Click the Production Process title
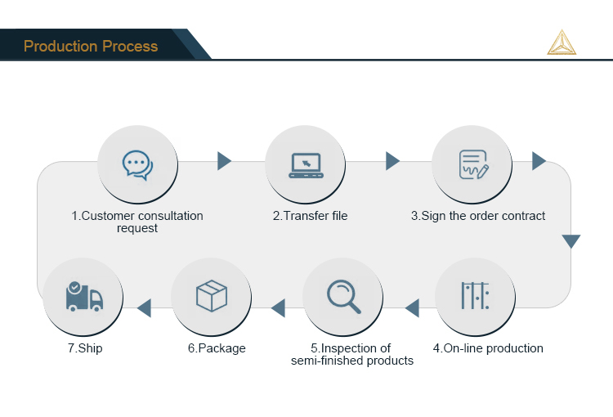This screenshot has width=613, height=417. pos(91,46)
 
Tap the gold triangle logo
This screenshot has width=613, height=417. pos(562,43)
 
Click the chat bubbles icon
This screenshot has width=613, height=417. pos(137,164)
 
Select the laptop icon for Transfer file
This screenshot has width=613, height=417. pos(306,164)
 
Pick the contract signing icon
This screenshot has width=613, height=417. pos(472,164)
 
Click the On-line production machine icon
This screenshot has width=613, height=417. pos(475,295)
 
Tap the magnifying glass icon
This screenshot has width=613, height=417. pos(343,297)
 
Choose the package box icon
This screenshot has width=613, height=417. pos(211,296)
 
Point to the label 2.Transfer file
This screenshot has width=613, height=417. pos(310,216)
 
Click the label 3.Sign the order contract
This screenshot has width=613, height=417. pos(478,216)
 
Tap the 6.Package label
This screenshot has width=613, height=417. pos(217,348)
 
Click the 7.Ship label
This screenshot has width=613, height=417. pos(85,348)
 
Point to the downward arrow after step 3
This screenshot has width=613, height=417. pos(570,241)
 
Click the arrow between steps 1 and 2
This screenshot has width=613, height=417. pos(224,161)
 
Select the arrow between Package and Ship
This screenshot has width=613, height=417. pos(145,308)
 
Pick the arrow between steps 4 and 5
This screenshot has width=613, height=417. pos(412,308)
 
